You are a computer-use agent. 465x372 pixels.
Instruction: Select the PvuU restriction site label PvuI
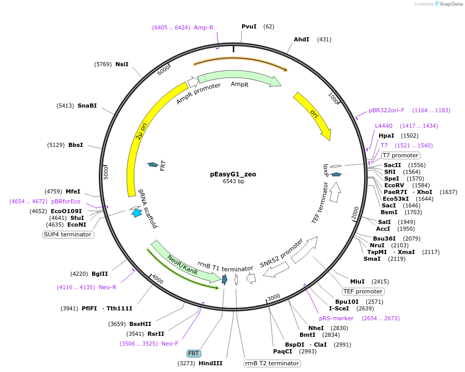tap(249, 26)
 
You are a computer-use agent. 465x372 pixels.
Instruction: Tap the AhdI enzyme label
tap(302, 39)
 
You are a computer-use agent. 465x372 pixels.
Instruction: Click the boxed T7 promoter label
tap(401, 155)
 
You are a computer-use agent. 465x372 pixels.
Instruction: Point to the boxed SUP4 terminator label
tap(68, 234)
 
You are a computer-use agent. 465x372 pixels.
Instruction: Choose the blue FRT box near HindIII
tap(194, 353)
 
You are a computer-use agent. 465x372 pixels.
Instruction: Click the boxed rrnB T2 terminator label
tap(272, 363)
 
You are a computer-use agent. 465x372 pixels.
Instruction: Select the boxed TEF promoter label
tap(363, 291)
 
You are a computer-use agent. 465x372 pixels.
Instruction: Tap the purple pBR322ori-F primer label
tap(386, 110)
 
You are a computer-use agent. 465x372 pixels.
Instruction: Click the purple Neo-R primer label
tap(108, 287)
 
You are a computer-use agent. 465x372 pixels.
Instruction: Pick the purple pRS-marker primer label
tap(336, 318)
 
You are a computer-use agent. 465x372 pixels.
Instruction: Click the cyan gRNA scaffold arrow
tap(137, 212)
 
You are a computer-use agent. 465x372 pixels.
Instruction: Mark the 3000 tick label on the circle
tap(274, 296)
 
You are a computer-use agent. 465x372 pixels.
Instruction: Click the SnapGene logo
tap(448, 4)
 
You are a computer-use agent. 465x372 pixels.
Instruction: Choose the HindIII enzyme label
tap(211, 363)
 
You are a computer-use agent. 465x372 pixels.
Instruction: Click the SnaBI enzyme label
tap(87, 106)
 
